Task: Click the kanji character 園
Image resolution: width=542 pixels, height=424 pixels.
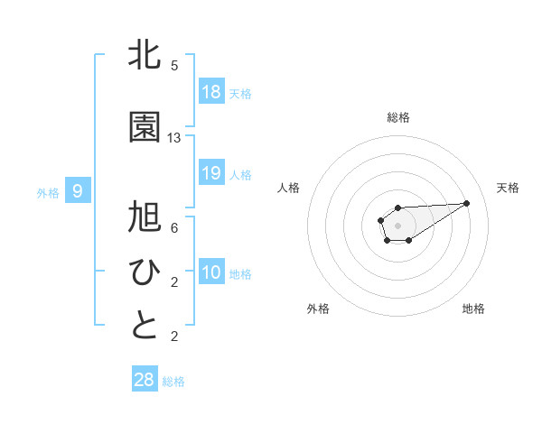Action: pyautogui.click(x=145, y=128)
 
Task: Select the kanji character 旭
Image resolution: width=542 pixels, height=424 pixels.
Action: pyautogui.click(x=145, y=219)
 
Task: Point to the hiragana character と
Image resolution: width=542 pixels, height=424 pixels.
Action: pyautogui.click(x=145, y=326)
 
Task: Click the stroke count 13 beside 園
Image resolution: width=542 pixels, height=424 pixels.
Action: pyautogui.click(x=174, y=138)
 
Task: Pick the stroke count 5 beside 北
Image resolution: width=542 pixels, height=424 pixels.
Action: pyautogui.click(x=174, y=66)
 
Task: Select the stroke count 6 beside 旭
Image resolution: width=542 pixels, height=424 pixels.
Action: pyautogui.click(x=174, y=228)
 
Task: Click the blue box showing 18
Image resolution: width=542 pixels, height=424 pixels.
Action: pyautogui.click(x=211, y=92)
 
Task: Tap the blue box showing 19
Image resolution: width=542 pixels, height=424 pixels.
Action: pyautogui.click(x=211, y=173)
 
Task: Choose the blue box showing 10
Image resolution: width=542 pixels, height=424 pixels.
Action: pyautogui.click(x=211, y=272)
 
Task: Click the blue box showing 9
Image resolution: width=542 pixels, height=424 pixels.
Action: pyautogui.click(x=78, y=191)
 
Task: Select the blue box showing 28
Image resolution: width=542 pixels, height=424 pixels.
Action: pyautogui.click(x=145, y=380)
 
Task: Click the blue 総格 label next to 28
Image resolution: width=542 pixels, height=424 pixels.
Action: pyautogui.click(x=173, y=382)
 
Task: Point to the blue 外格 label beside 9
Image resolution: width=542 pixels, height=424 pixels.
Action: pyautogui.click(x=47, y=192)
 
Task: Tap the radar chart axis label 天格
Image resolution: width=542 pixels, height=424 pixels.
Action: pyautogui.click(x=509, y=188)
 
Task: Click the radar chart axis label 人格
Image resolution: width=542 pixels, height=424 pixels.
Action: pyautogui.click(x=288, y=188)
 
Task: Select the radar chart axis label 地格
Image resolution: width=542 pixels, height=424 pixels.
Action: pyautogui.click(x=473, y=309)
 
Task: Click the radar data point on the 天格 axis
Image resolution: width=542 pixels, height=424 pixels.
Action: pyautogui.click(x=467, y=202)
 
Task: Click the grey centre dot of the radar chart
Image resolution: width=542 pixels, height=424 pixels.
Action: pyautogui.click(x=397, y=225)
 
